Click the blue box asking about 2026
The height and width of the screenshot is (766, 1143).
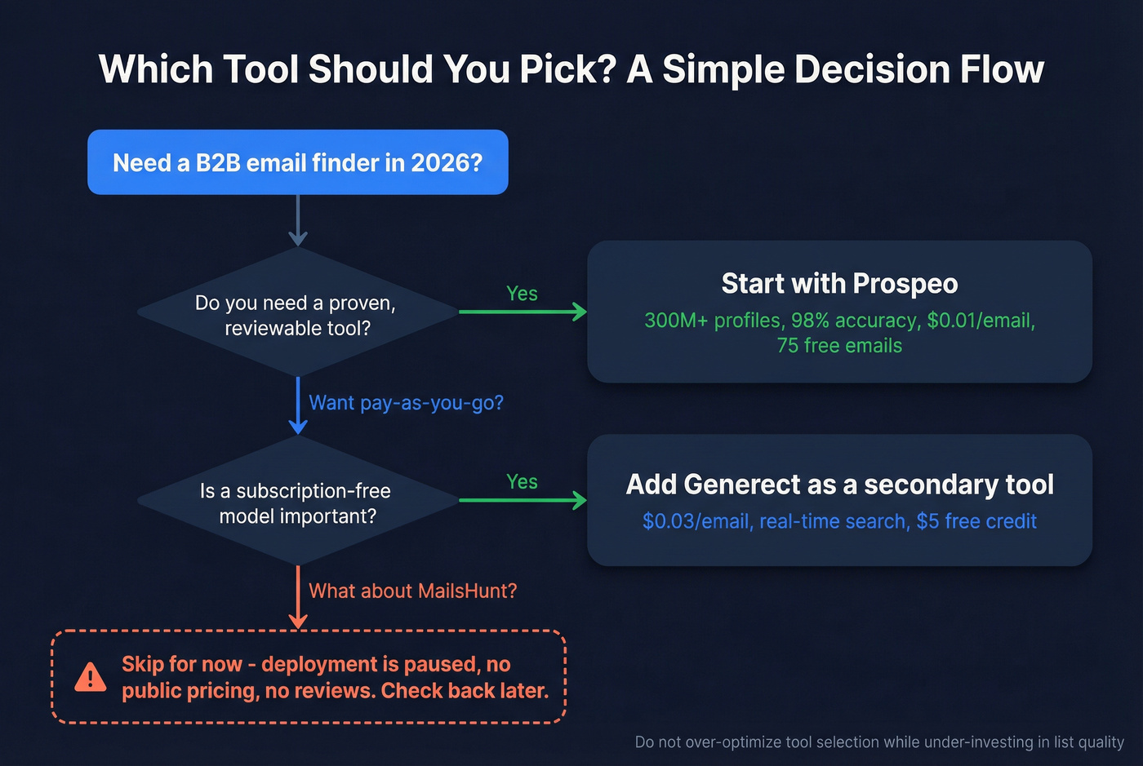click(297, 162)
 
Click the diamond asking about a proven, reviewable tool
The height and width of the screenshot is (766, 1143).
click(297, 315)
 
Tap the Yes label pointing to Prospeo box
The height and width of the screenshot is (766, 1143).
click(522, 294)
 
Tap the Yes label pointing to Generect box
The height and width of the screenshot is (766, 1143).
click(522, 482)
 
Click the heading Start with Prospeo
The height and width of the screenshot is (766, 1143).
click(839, 284)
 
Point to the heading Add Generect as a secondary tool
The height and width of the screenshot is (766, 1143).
click(839, 485)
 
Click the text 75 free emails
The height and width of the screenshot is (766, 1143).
click(839, 346)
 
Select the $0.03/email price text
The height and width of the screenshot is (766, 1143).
click(696, 521)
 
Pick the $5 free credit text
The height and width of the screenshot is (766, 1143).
click(976, 521)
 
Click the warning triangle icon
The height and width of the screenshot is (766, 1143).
click(90, 677)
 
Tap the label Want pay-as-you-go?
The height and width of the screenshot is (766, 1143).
click(406, 403)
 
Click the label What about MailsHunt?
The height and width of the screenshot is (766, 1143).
click(412, 591)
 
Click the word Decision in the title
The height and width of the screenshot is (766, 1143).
click(873, 69)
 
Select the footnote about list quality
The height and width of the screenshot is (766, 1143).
click(879, 742)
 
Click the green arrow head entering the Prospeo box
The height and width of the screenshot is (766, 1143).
click(580, 312)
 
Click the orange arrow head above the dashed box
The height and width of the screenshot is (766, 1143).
click(298, 622)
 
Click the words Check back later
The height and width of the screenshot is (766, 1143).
click(465, 691)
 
